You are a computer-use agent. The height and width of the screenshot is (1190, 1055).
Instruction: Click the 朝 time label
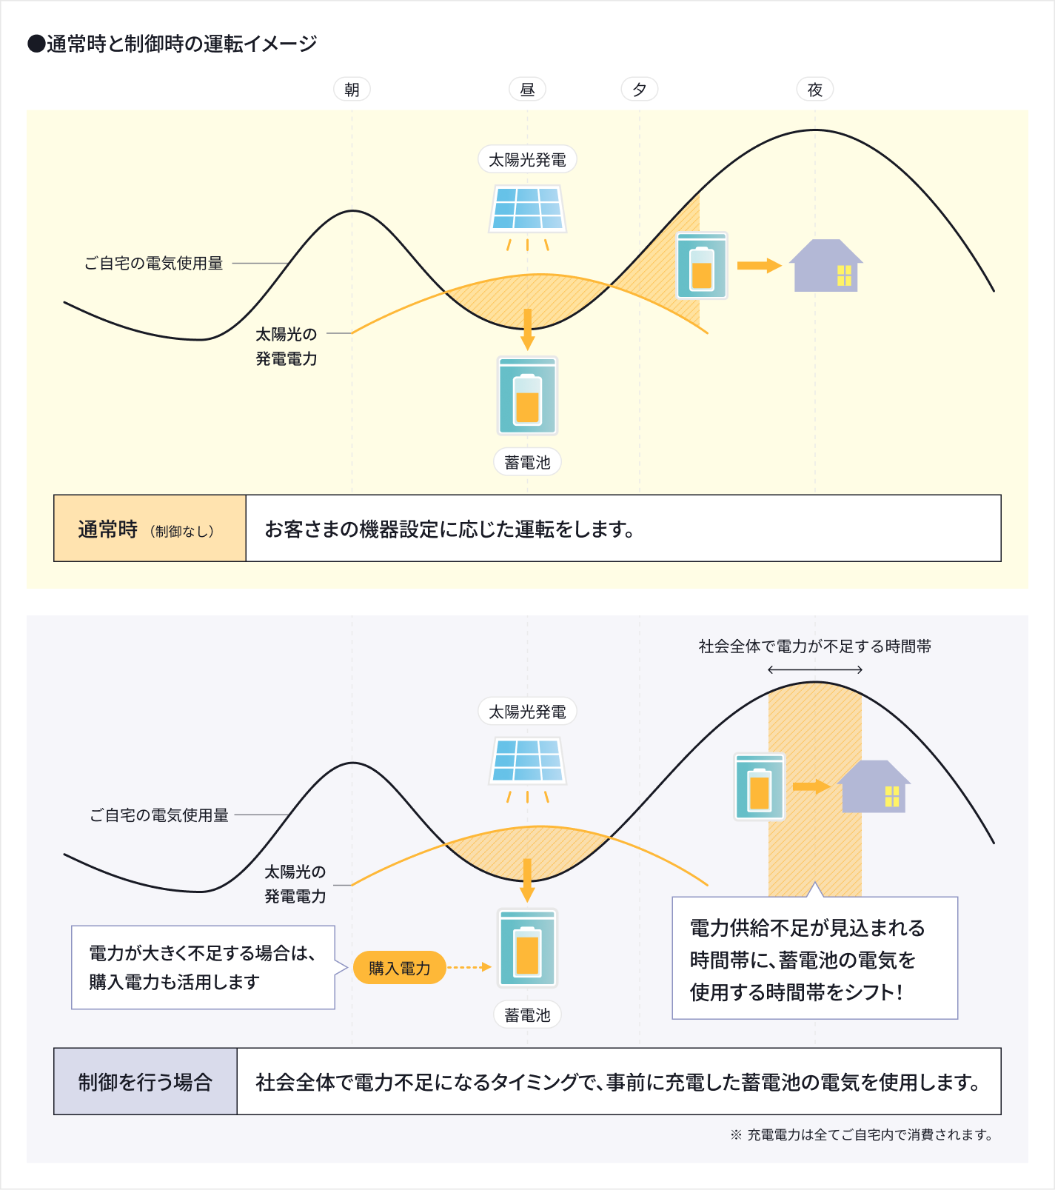point(352,90)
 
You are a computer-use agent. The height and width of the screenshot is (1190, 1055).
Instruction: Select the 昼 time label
point(527,90)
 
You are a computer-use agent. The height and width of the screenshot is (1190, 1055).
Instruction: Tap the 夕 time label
point(640,90)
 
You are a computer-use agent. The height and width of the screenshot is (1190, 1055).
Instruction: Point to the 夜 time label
point(815,90)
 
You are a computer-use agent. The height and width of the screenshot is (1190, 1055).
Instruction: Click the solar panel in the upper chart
point(528,209)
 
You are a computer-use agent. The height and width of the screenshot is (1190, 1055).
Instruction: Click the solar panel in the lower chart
point(528,761)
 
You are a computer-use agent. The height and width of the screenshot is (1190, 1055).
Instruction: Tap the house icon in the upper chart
point(826,265)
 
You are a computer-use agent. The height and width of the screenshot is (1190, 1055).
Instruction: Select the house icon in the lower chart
point(874,786)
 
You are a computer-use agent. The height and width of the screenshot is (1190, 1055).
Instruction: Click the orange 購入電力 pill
point(400,968)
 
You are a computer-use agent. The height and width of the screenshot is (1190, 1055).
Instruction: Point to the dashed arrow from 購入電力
point(469,967)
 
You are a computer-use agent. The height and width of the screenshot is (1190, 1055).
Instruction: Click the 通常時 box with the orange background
point(150,529)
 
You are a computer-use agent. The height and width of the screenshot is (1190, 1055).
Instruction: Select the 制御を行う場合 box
point(145,1081)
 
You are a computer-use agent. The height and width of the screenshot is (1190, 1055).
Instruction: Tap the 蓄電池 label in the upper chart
point(527,462)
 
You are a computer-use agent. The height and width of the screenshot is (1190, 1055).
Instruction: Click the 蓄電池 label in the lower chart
point(527,1014)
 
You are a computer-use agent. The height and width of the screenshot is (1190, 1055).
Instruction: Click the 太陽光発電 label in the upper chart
point(527,159)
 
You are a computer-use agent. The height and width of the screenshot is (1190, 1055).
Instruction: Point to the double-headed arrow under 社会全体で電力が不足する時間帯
point(815,670)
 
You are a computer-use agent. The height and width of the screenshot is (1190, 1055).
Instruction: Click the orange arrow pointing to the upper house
point(760,266)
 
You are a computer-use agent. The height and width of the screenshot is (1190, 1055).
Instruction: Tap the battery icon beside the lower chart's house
point(760,786)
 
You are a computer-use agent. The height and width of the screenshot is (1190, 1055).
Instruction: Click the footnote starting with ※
point(862,1134)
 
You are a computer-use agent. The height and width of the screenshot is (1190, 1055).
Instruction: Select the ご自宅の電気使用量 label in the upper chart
point(154,263)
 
